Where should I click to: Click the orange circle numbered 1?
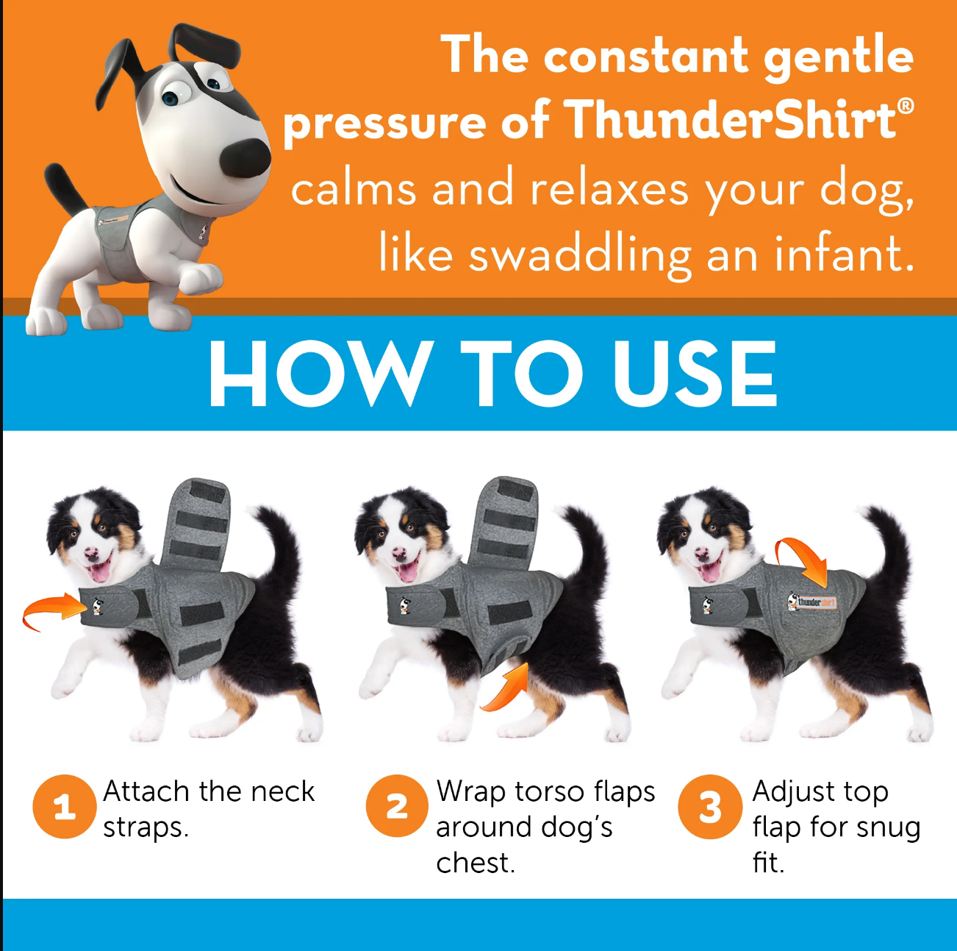(x=64, y=807)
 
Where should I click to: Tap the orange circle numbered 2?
(x=397, y=807)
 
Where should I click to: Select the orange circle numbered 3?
(x=709, y=807)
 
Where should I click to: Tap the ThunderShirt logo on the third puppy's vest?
(x=811, y=602)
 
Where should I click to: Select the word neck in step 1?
(x=282, y=792)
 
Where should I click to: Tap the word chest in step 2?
(x=474, y=863)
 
